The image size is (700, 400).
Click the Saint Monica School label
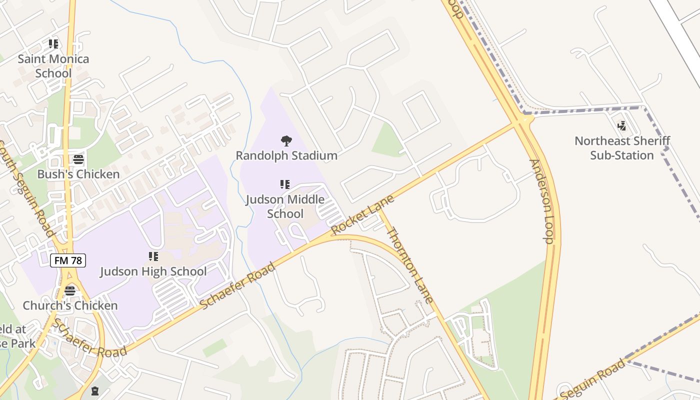pyautogui.click(x=53, y=66)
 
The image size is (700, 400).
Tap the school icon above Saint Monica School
pyautogui.click(x=53, y=44)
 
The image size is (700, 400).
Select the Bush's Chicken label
pyautogui.click(x=78, y=174)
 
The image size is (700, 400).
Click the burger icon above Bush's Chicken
pyautogui.click(x=78, y=159)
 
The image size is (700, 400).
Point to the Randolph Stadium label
pyautogui.click(x=286, y=155)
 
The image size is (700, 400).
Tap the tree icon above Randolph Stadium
pyautogui.click(x=286, y=141)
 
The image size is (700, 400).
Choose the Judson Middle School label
pyautogui.click(x=285, y=206)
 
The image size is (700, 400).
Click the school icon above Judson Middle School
pyautogui.click(x=285, y=184)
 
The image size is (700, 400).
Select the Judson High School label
pyautogui.click(x=153, y=271)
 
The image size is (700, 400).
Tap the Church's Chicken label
pyautogui.click(x=70, y=305)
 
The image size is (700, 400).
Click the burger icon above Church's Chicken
pyautogui.click(x=70, y=291)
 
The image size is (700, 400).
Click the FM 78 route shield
pyautogui.click(x=68, y=260)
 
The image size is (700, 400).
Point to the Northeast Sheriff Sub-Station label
pyautogui.click(x=622, y=148)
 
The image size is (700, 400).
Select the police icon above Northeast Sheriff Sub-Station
pyautogui.click(x=622, y=126)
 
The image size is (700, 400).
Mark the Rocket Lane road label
pyautogui.click(x=362, y=214)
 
